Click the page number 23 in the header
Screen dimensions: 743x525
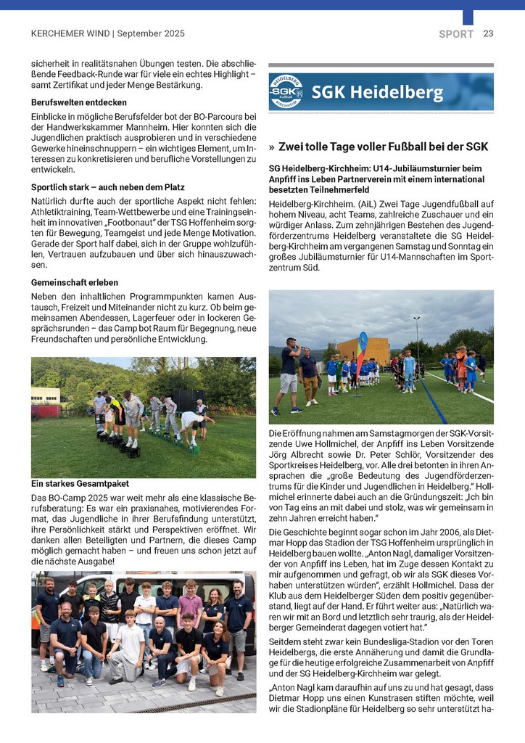tap(488, 33)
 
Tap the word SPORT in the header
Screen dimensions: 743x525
tap(456, 34)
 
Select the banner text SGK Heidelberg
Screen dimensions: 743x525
tap(377, 93)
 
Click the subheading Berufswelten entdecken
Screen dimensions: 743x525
tap(79, 102)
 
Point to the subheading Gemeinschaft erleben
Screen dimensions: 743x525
tap(75, 282)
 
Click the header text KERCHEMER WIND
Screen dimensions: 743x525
tap(70, 33)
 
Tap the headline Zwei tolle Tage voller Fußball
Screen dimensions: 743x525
tap(384, 147)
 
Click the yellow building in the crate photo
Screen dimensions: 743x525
tap(46, 395)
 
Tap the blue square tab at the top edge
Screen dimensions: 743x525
tap(468, 17)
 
